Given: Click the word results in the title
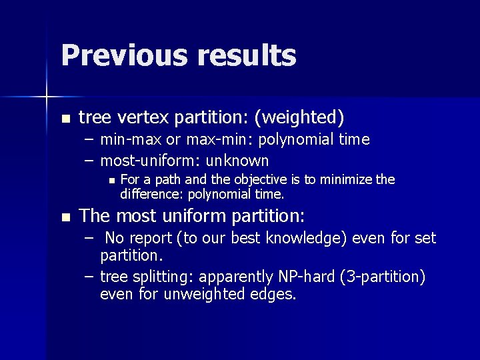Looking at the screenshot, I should pyautogui.click(x=246, y=55).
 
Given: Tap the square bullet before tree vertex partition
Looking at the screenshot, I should pyautogui.click(x=65, y=119).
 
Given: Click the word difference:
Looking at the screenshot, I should pyautogui.click(x=151, y=194).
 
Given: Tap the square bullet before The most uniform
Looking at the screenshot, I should pyautogui.click(x=65, y=217).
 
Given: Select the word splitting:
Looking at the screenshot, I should pyautogui.click(x=163, y=277).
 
